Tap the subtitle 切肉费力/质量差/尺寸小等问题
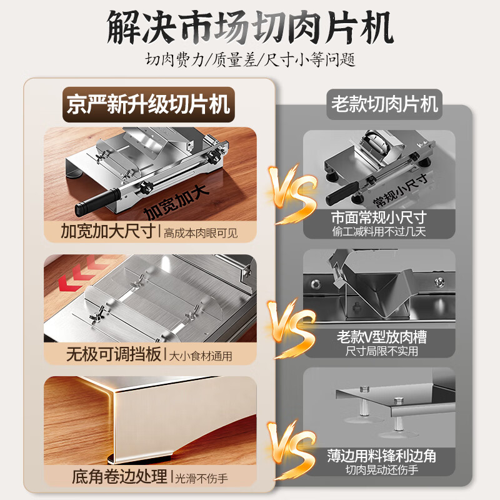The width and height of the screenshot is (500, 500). click(250, 61)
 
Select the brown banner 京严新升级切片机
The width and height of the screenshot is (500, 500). click(148, 102)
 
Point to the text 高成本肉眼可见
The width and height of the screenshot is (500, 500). click(201, 233)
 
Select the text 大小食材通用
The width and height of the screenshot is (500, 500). click(201, 356)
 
